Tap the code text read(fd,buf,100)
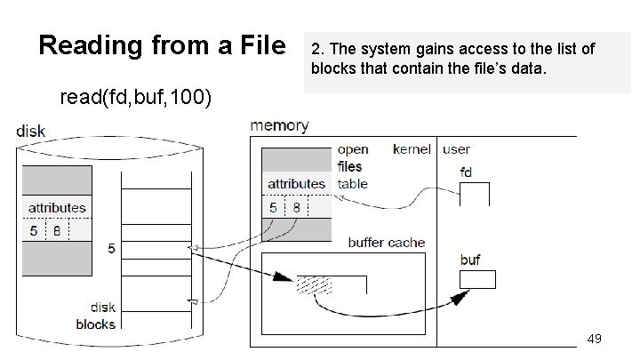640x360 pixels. point(135,97)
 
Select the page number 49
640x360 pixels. point(595,339)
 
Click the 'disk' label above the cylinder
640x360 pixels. point(30,132)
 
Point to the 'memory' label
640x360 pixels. point(280,126)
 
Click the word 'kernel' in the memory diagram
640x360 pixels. point(412,149)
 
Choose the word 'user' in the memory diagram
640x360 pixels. point(457,149)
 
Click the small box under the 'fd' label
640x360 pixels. point(475,193)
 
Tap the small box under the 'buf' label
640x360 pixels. point(476,279)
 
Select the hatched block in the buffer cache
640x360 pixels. point(314,284)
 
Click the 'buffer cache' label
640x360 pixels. point(386,242)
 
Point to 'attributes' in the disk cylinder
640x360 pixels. point(57,207)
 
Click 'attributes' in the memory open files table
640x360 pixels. point(296,183)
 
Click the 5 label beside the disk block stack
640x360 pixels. point(111,250)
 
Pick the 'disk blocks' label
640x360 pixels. point(95,316)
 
